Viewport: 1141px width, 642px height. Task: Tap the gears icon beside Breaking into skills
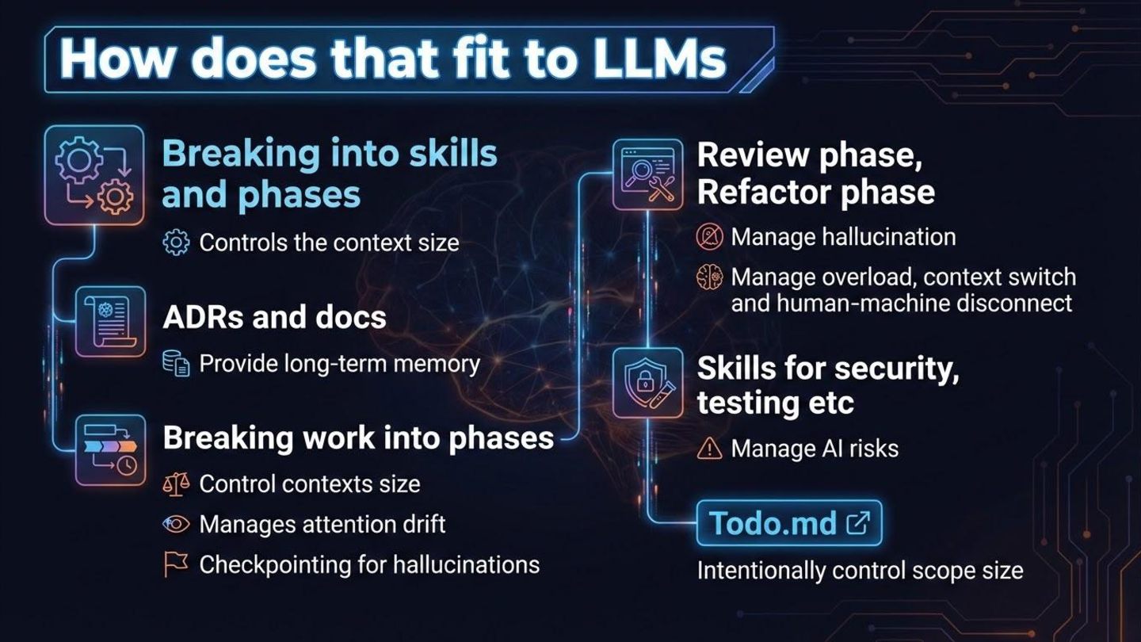pos(95,175)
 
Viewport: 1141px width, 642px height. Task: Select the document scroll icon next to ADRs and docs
pos(111,322)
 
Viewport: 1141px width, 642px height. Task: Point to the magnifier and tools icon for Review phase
pos(648,176)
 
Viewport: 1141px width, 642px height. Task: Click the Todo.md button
pos(789,523)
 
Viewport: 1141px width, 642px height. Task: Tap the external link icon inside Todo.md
pos(858,523)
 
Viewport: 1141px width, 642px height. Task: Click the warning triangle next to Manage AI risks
pos(709,449)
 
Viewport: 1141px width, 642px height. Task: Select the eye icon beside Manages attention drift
pos(176,524)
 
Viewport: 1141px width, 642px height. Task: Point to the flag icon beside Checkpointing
pos(175,564)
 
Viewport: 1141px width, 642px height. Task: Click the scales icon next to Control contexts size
pos(175,483)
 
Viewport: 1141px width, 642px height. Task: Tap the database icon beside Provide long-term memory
pos(175,364)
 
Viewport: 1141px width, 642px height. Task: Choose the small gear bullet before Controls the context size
pos(175,242)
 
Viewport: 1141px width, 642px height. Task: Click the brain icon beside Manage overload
pos(709,277)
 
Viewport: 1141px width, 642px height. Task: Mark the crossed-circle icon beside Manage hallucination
pos(709,236)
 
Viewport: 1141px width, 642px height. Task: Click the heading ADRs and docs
pos(274,318)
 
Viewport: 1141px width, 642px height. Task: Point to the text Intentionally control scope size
pos(860,571)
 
